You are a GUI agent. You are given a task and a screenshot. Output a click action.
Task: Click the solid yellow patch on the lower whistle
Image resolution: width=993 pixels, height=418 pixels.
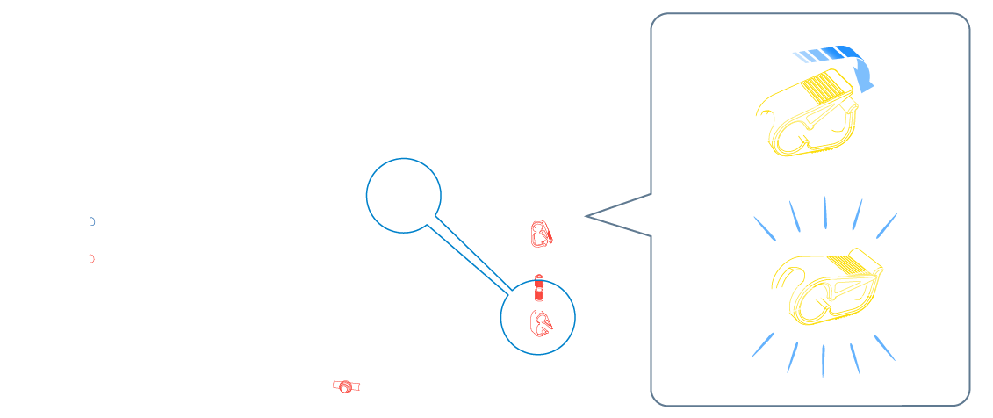point(846,263)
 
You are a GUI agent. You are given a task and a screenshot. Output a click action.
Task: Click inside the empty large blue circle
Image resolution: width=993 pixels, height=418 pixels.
point(403,195)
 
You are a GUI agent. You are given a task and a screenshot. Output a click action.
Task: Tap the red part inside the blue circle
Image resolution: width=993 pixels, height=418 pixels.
point(540,322)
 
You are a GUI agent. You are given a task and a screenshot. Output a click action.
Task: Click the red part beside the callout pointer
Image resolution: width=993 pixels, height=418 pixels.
point(541,234)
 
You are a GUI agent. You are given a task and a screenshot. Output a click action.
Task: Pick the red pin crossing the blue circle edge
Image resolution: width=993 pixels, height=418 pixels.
point(539,287)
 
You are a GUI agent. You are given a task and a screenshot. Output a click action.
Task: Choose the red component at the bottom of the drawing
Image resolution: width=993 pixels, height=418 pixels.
point(346,386)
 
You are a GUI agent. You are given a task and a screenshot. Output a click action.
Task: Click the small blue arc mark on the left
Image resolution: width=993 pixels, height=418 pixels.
point(91,221)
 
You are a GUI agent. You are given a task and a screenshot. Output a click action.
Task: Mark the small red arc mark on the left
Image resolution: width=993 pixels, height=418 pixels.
point(91,258)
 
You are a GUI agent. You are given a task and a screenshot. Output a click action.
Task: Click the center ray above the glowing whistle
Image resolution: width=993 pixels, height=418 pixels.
point(824,213)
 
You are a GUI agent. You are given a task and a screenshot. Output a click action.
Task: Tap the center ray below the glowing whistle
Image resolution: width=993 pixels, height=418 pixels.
point(823,360)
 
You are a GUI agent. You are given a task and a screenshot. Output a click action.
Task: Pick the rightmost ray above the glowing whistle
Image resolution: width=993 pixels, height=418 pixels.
point(887,225)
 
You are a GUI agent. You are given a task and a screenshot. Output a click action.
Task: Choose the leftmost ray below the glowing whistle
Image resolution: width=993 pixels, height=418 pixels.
point(762,344)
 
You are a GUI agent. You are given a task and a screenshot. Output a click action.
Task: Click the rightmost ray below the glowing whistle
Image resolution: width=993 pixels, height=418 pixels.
point(884,347)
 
